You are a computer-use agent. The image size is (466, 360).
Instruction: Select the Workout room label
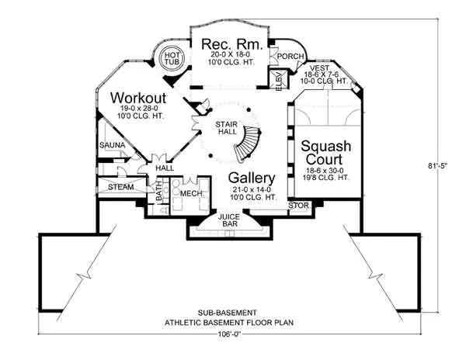(139, 98)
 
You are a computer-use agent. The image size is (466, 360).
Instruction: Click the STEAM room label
(120, 187)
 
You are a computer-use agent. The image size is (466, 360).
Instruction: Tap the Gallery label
(253, 180)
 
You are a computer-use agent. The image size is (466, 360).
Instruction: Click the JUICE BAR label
(228, 220)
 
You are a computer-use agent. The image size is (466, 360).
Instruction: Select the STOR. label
(299, 206)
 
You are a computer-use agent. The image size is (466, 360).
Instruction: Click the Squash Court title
(326, 153)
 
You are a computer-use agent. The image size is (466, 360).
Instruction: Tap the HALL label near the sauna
(165, 168)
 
